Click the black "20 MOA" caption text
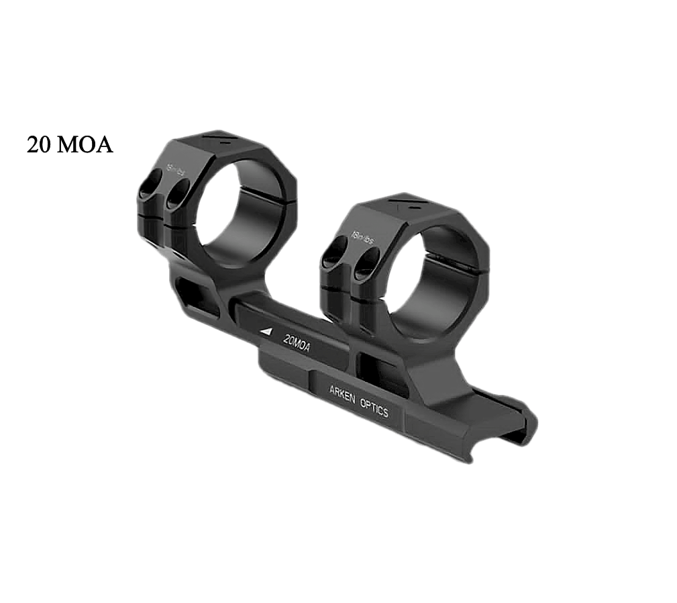click(x=70, y=144)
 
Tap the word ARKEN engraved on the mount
click(x=343, y=393)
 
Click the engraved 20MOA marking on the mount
click(x=297, y=340)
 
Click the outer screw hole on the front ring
click(x=333, y=257)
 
